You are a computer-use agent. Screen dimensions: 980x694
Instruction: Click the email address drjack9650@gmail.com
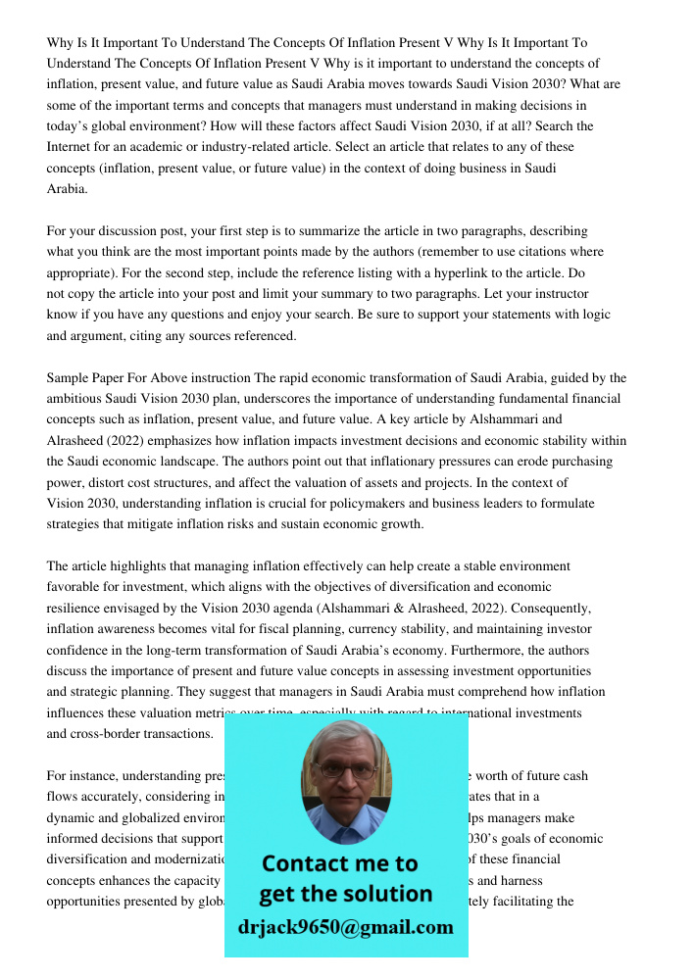click(x=346, y=927)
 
